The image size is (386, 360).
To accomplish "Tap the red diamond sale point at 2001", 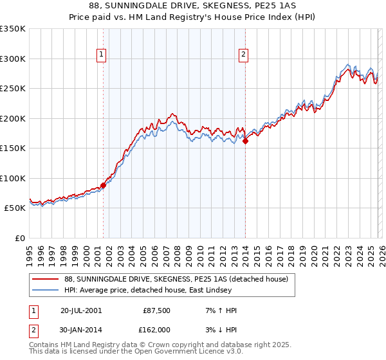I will click(x=104, y=185).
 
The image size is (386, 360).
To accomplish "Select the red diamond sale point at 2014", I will click(x=245, y=141).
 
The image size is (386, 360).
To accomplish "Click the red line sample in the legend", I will click(x=46, y=279).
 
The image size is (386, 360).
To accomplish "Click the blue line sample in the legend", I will click(x=46, y=290).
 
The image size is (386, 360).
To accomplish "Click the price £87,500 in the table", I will click(x=155, y=310).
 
